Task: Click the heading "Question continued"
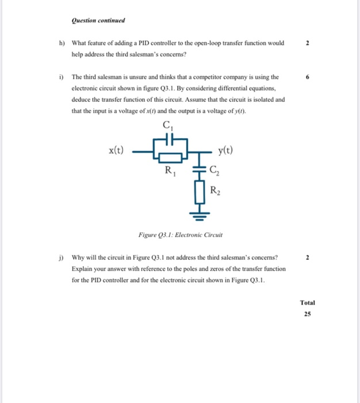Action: coord(98,21)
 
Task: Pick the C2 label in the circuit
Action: coord(214,169)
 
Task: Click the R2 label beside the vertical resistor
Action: coord(215,191)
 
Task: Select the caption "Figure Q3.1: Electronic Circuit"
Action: coord(181,235)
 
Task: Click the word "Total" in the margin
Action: coord(308,302)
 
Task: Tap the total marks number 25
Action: coord(308,314)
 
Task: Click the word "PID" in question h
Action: coord(150,43)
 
